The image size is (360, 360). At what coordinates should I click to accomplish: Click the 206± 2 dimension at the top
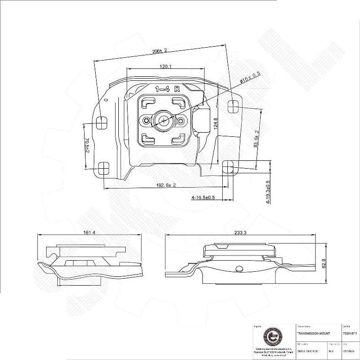pyautogui.click(x=159, y=50)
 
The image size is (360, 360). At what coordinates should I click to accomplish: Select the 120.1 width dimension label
pyautogui.click(x=166, y=67)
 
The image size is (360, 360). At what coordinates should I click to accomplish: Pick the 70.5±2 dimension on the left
pyautogui.click(x=87, y=144)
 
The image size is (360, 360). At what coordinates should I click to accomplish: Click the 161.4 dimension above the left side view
pyautogui.click(x=90, y=232)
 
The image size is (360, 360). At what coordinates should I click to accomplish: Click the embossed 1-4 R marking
pyautogui.click(x=167, y=89)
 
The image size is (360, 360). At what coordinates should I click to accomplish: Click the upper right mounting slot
pyautogui.click(x=233, y=107)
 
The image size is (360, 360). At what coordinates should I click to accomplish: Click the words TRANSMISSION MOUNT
pyautogui.click(x=313, y=333)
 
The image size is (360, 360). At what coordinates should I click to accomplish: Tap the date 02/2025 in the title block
pyautogui.click(x=349, y=351)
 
